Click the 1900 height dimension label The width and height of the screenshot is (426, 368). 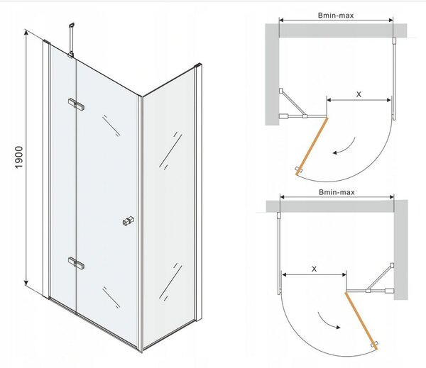tap(19, 157)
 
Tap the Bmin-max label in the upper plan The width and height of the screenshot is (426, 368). tap(336, 16)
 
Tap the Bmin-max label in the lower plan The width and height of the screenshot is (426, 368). tap(337, 192)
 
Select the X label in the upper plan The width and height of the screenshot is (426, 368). tap(359, 94)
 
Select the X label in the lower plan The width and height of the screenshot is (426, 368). tap(314, 269)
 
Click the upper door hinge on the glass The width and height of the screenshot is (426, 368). tap(76, 104)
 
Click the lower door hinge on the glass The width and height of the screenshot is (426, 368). tap(76, 263)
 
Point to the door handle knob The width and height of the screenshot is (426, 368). tap(129, 221)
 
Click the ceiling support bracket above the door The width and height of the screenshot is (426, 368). tap(72, 40)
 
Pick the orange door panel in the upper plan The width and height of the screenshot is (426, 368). tap(312, 146)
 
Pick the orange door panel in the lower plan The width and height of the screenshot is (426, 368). tap(361, 320)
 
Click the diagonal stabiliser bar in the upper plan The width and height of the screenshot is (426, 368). tap(293, 104)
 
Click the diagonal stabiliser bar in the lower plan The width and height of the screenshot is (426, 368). tap(380, 277)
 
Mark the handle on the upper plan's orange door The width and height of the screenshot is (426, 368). tap(299, 169)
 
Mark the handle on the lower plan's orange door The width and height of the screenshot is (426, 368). tap(374, 345)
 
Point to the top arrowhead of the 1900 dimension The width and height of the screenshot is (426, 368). tap(26, 32)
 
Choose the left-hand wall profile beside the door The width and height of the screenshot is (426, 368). tap(46, 168)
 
